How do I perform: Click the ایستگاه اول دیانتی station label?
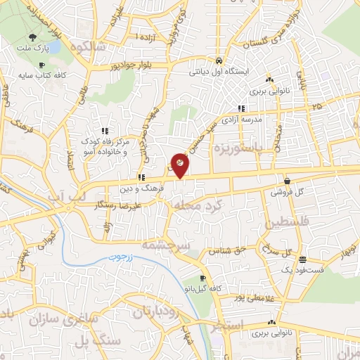[220, 71]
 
